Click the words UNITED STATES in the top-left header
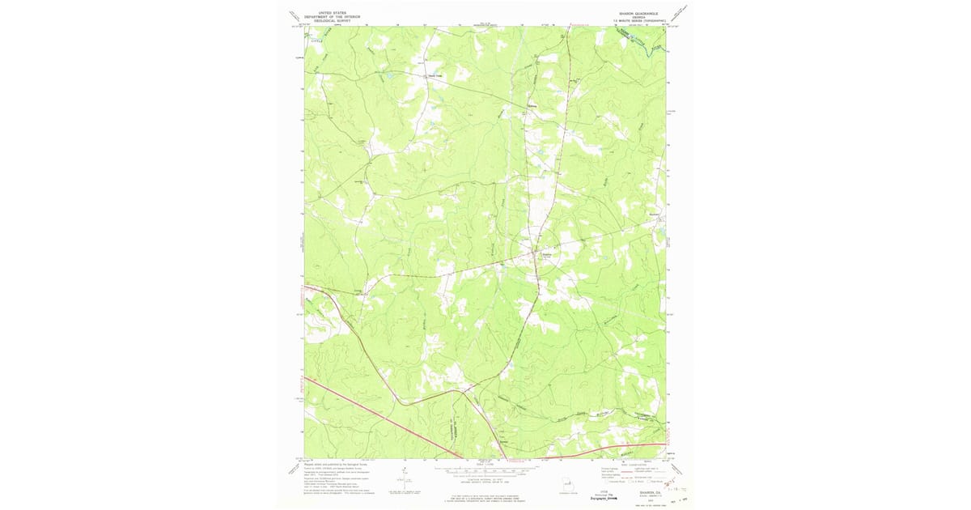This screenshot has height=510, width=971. [330, 14]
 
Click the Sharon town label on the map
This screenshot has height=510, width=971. [546, 253]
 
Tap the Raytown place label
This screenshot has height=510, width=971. [436, 78]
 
